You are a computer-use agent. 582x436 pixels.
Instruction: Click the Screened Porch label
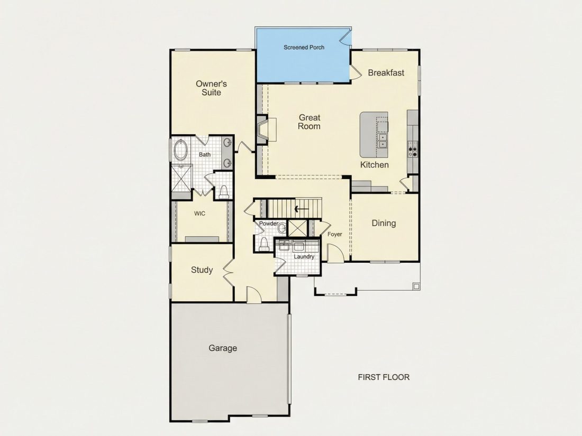click(304, 48)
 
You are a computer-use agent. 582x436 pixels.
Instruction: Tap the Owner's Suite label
click(211, 88)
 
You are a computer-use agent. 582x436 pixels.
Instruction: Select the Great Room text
click(309, 122)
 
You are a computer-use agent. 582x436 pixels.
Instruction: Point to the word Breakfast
click(386, 73)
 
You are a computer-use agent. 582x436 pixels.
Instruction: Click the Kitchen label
click(375, 164)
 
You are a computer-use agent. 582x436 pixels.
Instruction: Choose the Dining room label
click(384, 223)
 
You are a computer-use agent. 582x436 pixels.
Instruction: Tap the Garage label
click(223, 348)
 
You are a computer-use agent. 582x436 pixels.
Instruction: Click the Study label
click(202, 270)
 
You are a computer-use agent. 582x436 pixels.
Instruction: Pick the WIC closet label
click(199, 214)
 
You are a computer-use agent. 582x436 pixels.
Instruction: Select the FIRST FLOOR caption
click(384, 377)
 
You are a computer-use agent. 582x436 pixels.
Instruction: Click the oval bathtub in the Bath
click(181, 150)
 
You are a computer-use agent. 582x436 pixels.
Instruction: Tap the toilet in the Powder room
click(264, 244)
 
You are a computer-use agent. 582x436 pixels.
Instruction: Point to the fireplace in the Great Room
click(262, 129)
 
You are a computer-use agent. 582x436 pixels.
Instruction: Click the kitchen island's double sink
click(383, 141)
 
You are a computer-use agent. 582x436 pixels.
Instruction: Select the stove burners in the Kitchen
click(413, 150)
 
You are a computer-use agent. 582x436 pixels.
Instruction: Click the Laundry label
click(304, 256)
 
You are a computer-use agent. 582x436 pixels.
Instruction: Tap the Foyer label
click(335, 234)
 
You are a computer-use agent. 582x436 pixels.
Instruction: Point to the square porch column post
click(416, 286)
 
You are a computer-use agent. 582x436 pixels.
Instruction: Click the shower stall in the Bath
click(181, 178)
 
